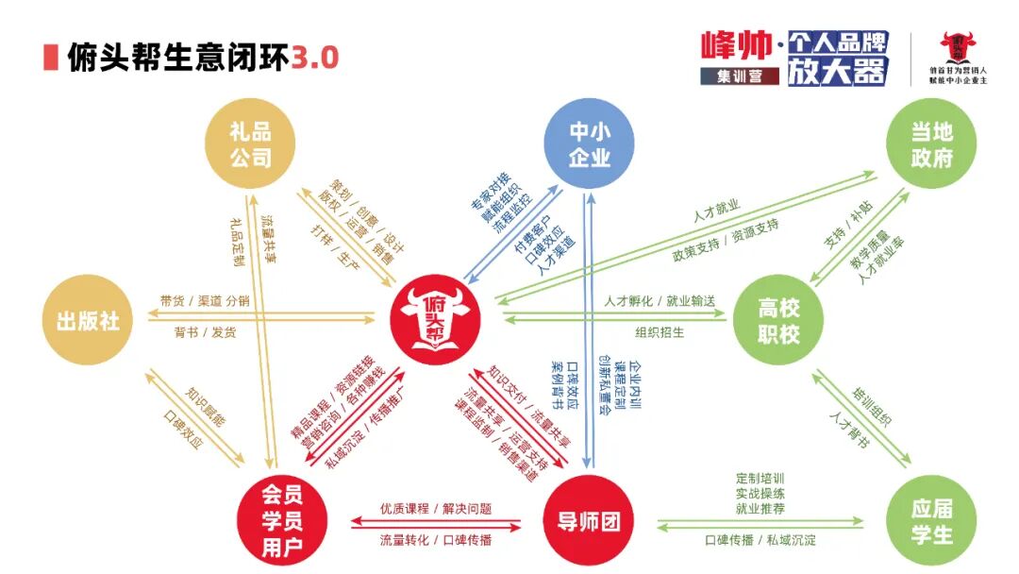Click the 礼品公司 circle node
pos(249,143)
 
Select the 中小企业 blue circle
pos(590,143)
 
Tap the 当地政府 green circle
pos(931,144)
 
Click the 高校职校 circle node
pos(779,321)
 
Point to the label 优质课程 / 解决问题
pos(435,509)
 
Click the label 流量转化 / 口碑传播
pos(435,541)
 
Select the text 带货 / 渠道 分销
pos(205,301)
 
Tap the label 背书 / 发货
pos(205,332)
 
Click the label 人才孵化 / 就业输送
pos(660,301)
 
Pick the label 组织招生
pos(660,332)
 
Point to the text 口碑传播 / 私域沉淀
pos(760,541)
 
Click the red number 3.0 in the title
pos(315,59)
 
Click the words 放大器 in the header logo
pos(837,71)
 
